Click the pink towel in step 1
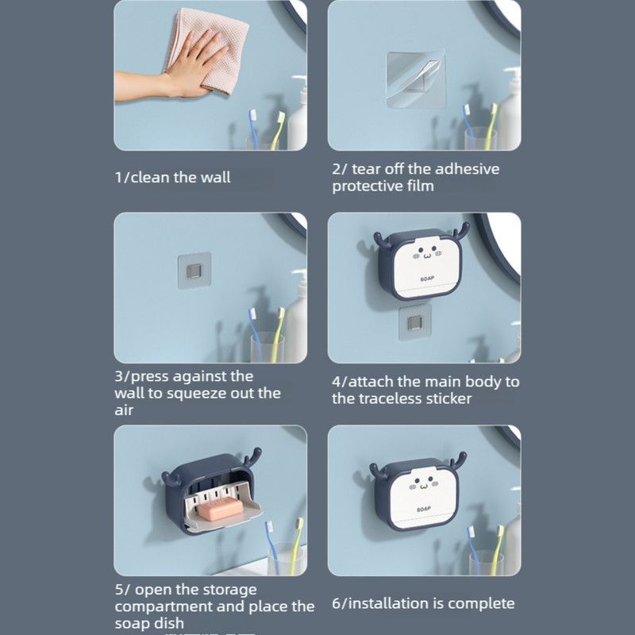coord(210,48)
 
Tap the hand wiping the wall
coord(178,71)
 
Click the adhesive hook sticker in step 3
coord(194,270)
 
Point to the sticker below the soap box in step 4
coord(414,323)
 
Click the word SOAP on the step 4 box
coord(427,279)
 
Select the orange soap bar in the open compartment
coord(221,510)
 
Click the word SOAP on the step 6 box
coord(424,509)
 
